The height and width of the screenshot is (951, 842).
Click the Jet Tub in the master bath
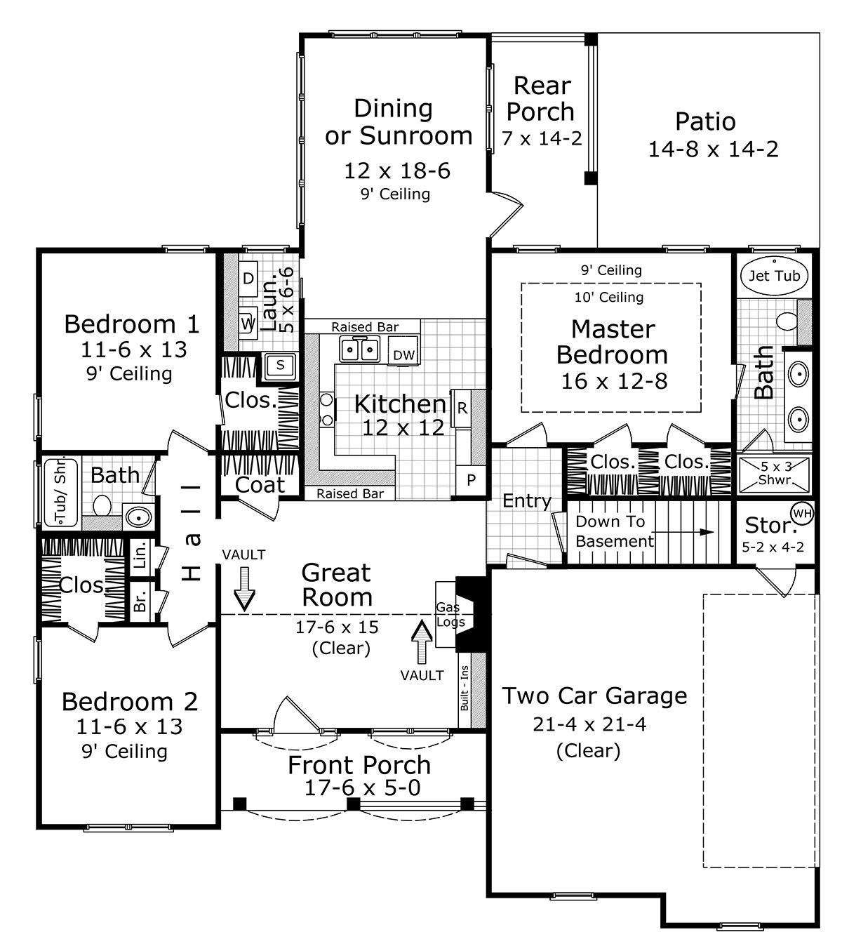774,276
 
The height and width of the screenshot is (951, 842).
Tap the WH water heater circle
802,513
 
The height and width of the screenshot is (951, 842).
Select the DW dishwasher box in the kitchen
403,355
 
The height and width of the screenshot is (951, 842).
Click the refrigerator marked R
462,408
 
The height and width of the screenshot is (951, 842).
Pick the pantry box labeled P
471,481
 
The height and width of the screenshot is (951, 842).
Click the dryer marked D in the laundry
248,279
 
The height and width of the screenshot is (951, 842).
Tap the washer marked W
247,324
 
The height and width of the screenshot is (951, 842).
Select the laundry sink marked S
280,365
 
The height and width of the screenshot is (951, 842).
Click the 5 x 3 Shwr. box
775,472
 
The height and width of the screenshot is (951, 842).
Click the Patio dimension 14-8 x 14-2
713,149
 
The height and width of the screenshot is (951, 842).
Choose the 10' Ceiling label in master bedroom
609,298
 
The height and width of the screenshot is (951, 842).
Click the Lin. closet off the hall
140,554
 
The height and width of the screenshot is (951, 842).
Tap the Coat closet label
260,484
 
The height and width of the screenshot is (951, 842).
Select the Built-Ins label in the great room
465,687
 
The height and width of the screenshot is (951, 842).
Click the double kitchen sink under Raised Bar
359,349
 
